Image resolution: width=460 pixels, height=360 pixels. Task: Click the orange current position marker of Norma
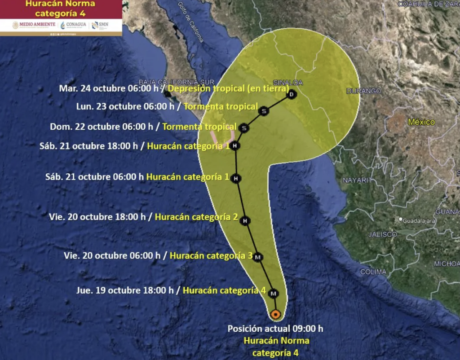[x=276, y=314]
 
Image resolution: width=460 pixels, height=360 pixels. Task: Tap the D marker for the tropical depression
[x=292, y=94]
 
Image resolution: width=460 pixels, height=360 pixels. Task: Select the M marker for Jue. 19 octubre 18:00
[x=274, y=294]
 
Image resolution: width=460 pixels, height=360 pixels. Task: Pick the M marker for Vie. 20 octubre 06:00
[x=258, y=257]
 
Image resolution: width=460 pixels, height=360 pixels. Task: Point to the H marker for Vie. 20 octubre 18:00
[x=245, y=221]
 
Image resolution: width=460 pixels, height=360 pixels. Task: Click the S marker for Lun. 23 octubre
[x=264, y=111]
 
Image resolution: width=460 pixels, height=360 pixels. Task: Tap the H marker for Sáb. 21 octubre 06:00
[x=235, y=179]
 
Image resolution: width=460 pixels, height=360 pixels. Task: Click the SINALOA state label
[x=288, y=83]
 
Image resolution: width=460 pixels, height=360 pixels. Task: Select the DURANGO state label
[x=363, y=91]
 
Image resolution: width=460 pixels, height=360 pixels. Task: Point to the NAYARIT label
[x=358, y=180]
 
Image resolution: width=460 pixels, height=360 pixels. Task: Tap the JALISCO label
[x=382, y=234]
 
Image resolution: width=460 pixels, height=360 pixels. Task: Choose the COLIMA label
[x=373, y=272]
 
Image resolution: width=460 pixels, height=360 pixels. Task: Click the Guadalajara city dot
[x=400, y=220]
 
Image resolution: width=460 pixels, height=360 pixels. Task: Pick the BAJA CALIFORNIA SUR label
[x=168, y=82]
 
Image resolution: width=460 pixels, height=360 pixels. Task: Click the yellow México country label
[x=421, y=122]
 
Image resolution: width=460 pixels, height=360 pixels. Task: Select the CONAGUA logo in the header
[x=74, y=25]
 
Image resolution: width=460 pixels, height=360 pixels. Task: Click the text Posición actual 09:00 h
[x=275, y=329]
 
